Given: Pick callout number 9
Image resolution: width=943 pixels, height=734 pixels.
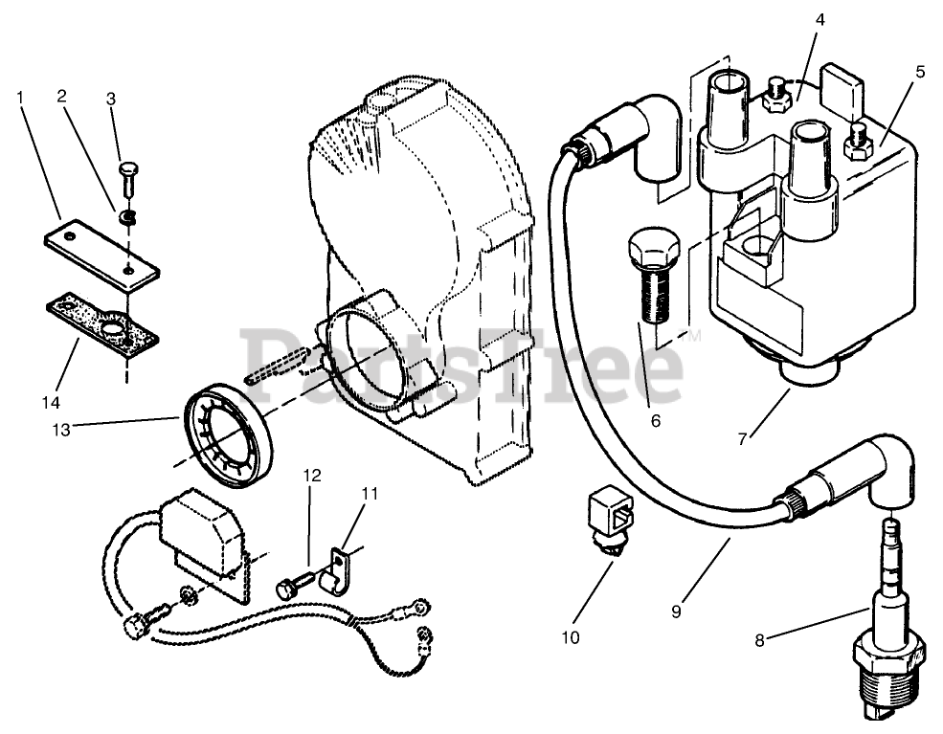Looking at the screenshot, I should click(x=676, y=611).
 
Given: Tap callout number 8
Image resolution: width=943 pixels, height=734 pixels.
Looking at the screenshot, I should click(x=759, y=640).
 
